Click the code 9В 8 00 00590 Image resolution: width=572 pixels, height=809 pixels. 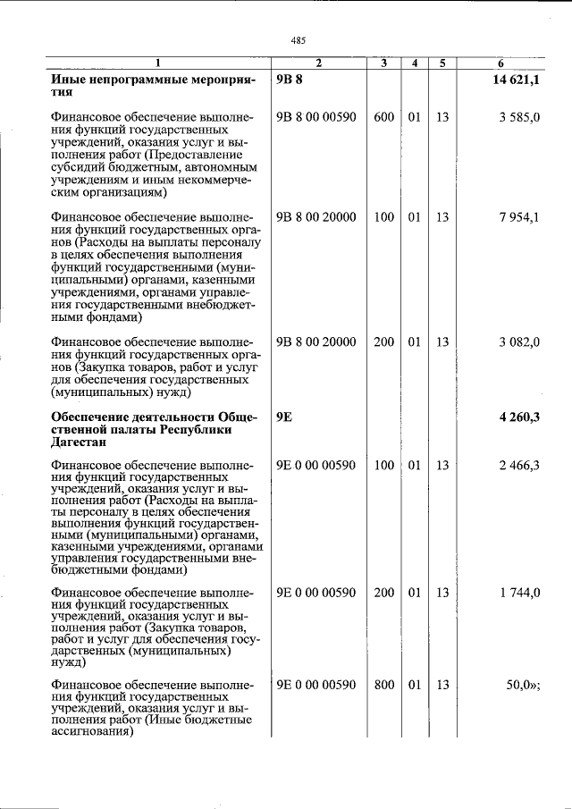[315, 117]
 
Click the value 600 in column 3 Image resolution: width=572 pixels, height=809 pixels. [383, 117]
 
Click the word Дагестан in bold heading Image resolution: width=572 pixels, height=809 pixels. [80, 441]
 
